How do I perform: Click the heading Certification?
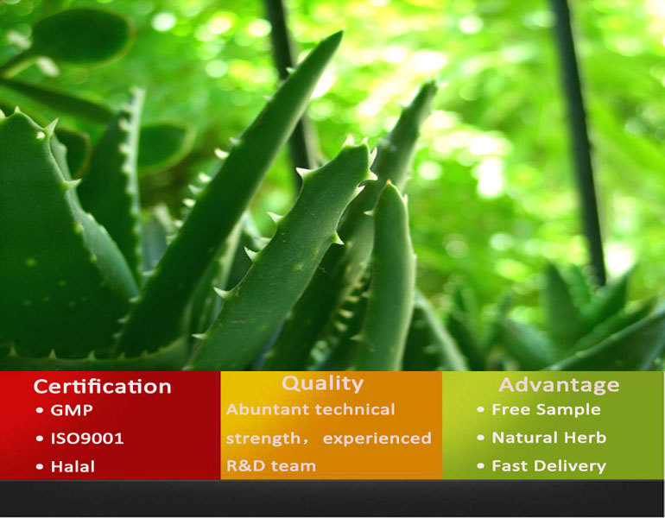[x=102, y=386]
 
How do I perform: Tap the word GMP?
[x=72, y=410]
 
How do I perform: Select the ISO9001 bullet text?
[x=87, y=439]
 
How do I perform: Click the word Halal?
[x=73, y=466]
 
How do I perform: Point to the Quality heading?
[x=322, y=383]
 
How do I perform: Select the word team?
[x=294, y=466]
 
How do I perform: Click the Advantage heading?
[x=559, y=385]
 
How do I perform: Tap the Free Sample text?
[x=546, y=410]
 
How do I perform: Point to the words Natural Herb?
[x=548, y=438]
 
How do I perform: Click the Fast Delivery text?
[x=548, y=466]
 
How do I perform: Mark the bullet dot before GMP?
[x=39, y=411]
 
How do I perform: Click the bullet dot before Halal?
[x=39, y=467]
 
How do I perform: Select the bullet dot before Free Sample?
[x=481, y=411]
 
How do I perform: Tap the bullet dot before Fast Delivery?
[x=481, y=467]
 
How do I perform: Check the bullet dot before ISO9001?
[x=39, y=439]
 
